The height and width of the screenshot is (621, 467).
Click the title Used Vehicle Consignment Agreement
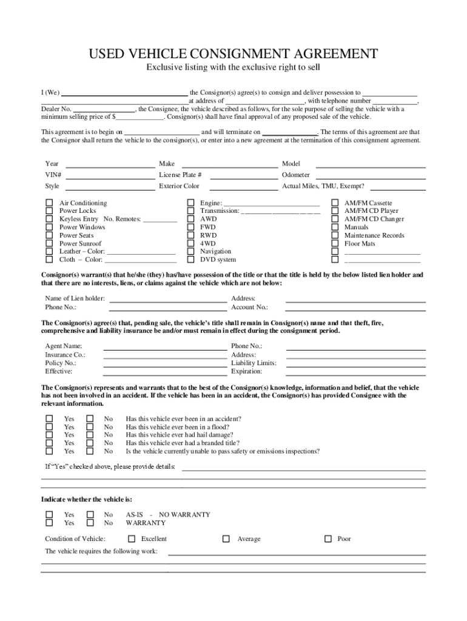click(x=233, y=54)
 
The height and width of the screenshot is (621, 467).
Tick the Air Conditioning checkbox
click(x=49, y=203)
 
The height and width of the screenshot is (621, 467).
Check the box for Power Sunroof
click(x=49, y=243)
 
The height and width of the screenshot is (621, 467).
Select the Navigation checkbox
click(x=190, y=251)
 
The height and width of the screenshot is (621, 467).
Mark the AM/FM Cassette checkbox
click(x=334, y=203)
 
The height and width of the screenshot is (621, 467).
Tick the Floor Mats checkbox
click(x=334, y=243)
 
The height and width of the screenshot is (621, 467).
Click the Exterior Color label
click(x=179, y=186)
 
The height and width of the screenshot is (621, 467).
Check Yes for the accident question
click(x=49, y=418)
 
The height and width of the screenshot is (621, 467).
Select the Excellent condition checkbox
click(x=132, y=539)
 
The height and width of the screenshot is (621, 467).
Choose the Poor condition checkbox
click(x=328, y=539)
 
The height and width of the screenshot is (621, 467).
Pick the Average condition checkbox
click(x=226, y=539)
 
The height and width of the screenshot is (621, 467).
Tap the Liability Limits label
click(x=254, y=363)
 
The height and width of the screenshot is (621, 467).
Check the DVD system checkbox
click(x=190, y=260)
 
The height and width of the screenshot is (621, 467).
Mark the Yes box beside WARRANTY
click(x=49, y=523)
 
